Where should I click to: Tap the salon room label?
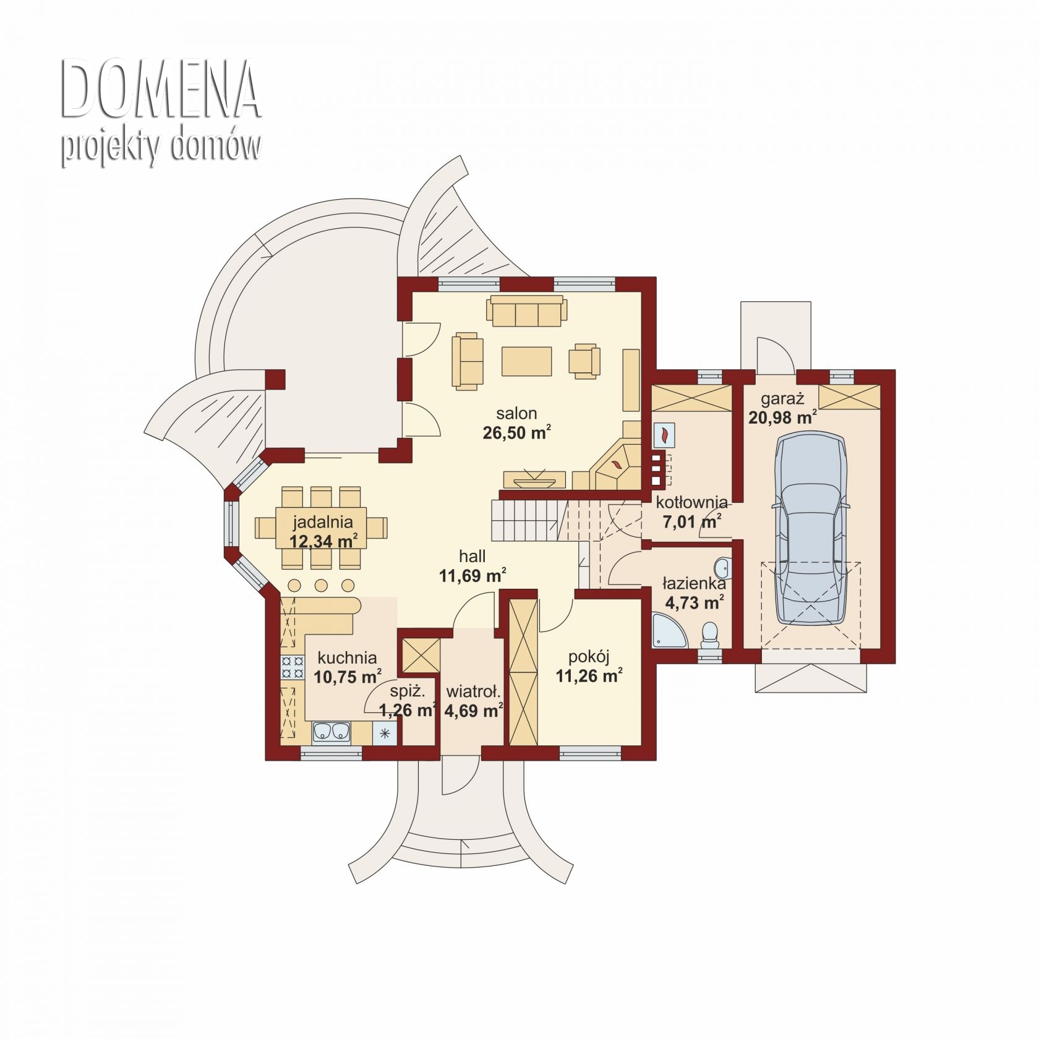[x=516, y=413]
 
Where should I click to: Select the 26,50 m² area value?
[x=517, y=432]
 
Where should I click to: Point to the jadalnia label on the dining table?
[x=323, y=522]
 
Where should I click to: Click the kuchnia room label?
[x=347, y=658]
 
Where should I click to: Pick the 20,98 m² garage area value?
[x=782, y=417]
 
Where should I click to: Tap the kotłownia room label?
[x=692, y=502]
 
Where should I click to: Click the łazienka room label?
[x=694, y=583]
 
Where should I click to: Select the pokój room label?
[x=589, y=656]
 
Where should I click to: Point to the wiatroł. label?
[x=474, y=691]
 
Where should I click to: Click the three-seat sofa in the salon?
[x=526, y=311]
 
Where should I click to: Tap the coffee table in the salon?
[x=526, y=361]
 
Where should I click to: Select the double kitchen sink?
[x=331, y=732]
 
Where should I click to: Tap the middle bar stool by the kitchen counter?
[x=321, y=584]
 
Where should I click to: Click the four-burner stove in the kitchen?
[x=293, y=667]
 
